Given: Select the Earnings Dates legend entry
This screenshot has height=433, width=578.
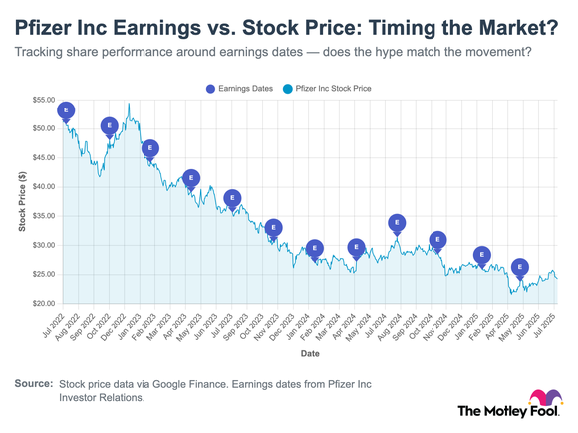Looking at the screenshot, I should tap(239, 88).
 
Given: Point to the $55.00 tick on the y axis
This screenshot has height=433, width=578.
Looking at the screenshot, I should tap(43, 101).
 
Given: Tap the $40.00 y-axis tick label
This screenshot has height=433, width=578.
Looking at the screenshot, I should tap(43, 187).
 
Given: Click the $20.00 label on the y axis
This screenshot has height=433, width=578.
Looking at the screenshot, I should tap(43, 303).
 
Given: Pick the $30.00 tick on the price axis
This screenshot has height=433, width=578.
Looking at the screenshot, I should tap(43, 245).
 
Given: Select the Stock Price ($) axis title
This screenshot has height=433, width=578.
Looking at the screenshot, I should tap(21, 201).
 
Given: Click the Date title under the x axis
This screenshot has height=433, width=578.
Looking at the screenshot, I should tap(310, 352).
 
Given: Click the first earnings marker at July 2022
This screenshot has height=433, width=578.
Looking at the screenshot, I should tap(66, 110).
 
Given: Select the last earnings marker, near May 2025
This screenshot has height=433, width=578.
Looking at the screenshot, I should tap(519, 268).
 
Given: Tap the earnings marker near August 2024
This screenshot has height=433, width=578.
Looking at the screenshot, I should tap(397, 224).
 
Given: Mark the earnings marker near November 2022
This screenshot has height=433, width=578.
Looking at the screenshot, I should tap(110, 126).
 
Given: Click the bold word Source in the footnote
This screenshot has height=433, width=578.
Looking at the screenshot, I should tap(33, 383).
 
